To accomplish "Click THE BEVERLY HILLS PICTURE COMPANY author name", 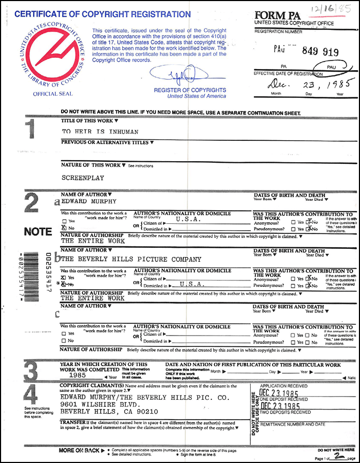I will (132, 259).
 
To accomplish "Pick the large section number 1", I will (31, 133).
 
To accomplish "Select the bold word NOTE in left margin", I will (37, 232).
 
